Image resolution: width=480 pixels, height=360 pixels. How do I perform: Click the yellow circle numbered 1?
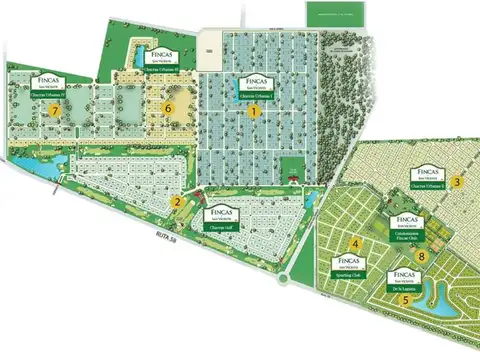click(255, 112)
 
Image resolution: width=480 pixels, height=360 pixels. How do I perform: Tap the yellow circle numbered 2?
click(176, 202)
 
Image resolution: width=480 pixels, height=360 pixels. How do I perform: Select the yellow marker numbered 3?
click(456, 181)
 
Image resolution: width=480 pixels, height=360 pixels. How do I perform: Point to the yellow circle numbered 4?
click(355, 244)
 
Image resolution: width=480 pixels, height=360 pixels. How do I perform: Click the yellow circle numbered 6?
click(169, 106)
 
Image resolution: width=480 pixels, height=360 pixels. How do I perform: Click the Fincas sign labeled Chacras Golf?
click(220, 218)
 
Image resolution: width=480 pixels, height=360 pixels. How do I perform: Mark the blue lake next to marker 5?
click(440, 296)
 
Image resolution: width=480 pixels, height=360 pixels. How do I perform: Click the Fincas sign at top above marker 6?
click(162, 55)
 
